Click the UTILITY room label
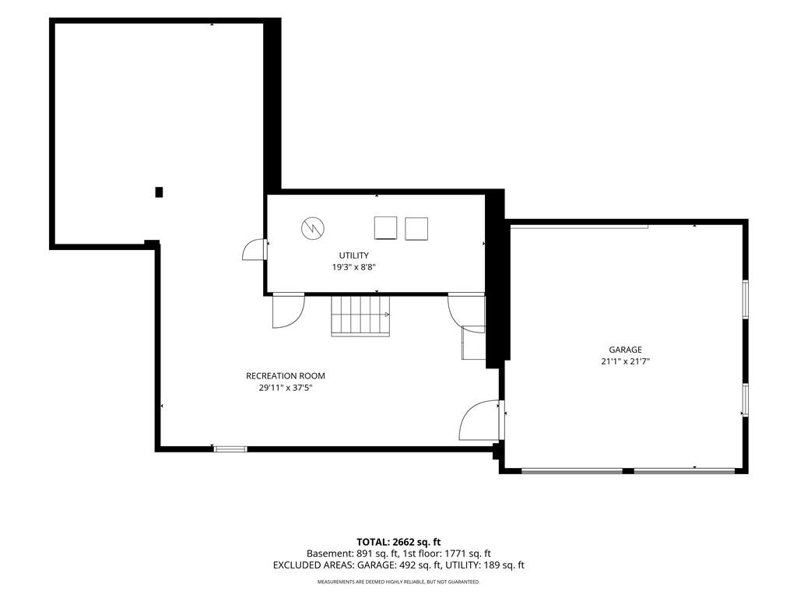tap(354, 255)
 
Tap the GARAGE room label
tap(625, 350)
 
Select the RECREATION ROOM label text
tap(285, 376)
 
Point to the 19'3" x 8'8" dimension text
tap(354, 267)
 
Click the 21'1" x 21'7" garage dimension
tap(625, 361)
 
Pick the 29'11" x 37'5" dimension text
tap(285, 388)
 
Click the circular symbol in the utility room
tap(313, 228)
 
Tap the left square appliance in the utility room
tap(385, 228)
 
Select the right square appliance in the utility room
tap(416, 229)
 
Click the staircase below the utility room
tap(360, 316)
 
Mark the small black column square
tap(159, 192)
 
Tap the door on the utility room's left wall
tap(255, 250)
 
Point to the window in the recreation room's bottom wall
tap(230, 449)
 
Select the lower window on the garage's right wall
tap(745, 399)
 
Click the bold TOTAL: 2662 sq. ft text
tap(398, 542)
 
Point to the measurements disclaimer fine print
tap(398, 582)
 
